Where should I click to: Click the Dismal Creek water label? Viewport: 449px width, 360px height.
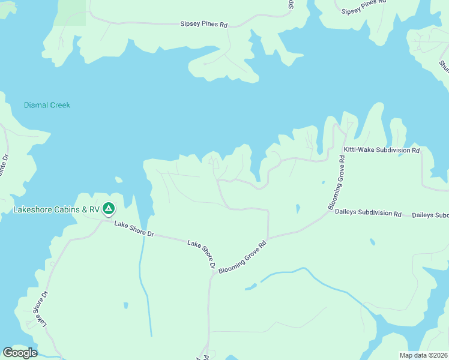47,105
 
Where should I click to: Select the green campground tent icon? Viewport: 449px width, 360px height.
109,209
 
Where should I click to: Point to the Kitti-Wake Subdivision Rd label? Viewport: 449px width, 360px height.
381,150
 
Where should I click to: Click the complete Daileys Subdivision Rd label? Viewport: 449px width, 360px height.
368,213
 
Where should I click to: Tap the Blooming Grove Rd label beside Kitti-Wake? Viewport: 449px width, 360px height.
337,182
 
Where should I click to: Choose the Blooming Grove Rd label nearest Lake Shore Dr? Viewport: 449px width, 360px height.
242,258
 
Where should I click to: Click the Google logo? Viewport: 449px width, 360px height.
20,353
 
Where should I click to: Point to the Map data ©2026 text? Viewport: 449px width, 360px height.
423,355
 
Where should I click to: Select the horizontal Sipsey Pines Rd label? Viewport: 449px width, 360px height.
204,25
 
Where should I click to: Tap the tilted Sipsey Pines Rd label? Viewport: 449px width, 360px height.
362,7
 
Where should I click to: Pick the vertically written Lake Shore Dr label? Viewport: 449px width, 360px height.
40,310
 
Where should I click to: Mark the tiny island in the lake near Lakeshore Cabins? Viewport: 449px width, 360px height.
119,179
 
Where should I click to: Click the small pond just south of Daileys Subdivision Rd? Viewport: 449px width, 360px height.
373,242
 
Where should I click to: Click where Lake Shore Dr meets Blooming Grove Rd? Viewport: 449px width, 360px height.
213,273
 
